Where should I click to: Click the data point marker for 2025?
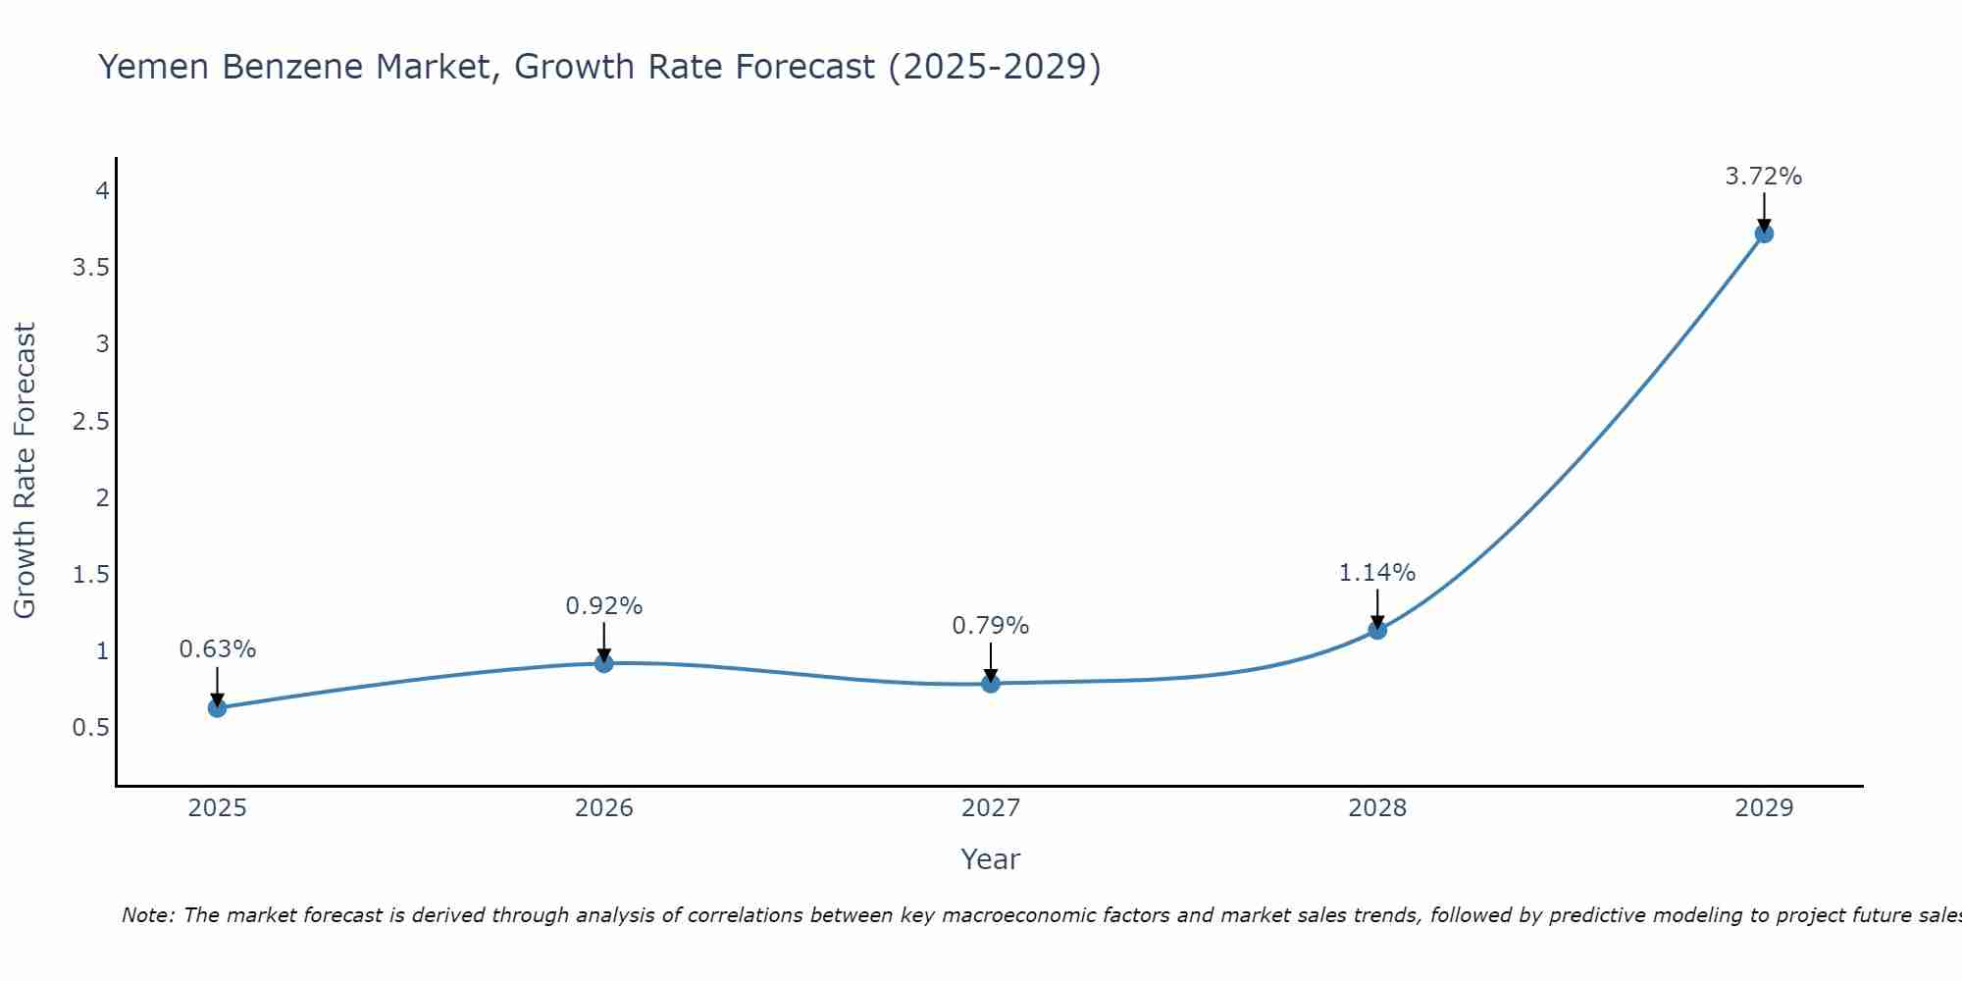click(217, 707)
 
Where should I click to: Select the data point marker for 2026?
click(603, 663)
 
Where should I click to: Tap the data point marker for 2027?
click(991, 683)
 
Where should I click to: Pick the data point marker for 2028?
click(1377, 630)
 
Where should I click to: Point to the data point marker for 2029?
click(1764, 233)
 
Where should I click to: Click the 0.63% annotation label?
click(217, 649)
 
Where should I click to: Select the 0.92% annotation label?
click(603, 606)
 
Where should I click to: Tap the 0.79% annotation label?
click(991, 626)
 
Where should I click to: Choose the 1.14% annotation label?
click(1377, 573)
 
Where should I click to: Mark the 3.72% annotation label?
click(1764, 177)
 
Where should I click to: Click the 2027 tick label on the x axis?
click(991, 808)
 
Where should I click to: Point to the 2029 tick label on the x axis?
click(1764, 808)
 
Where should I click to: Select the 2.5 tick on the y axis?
click(90, 422)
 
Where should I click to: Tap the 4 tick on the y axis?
click(102, 190)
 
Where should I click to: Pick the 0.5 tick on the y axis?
click(90, 728)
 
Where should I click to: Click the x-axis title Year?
click(991, 859)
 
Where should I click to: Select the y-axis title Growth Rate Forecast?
click(26, 471)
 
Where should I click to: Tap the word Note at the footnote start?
click(147, 915)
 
